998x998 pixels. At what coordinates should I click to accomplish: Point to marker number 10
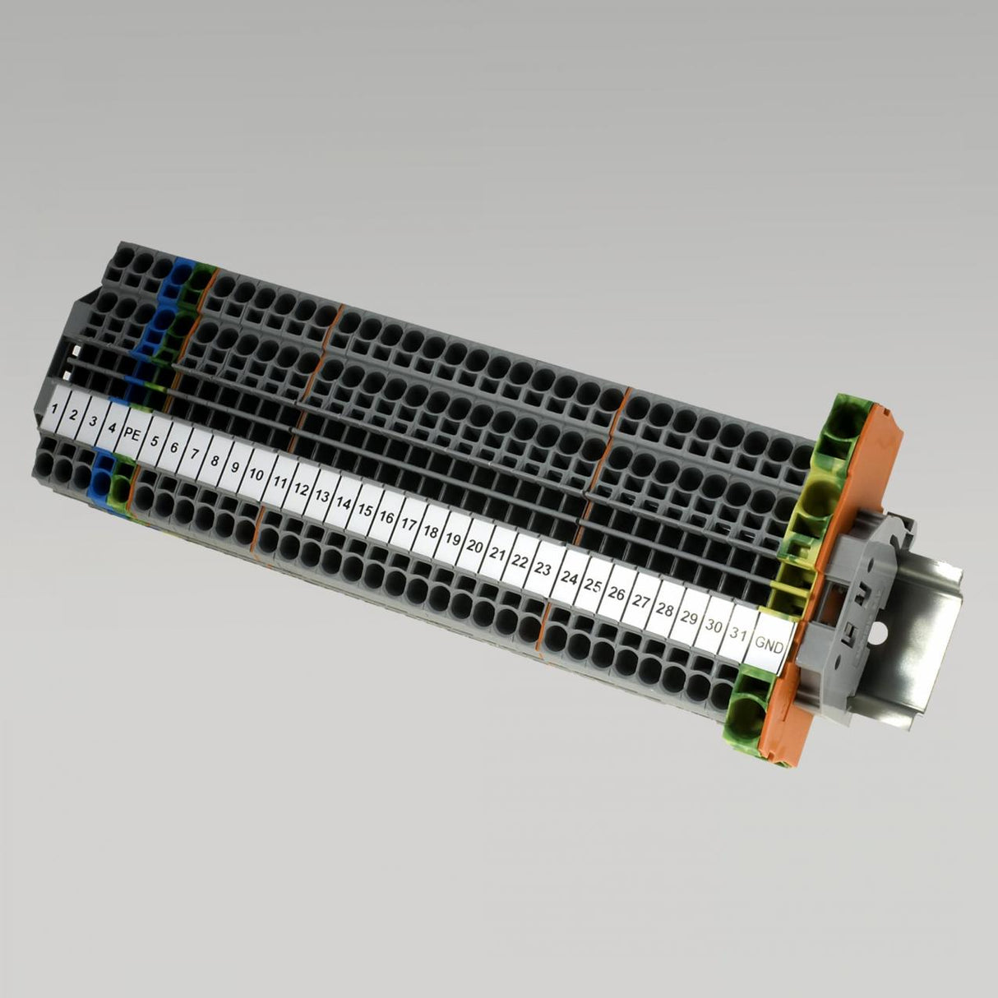tap(256, 474)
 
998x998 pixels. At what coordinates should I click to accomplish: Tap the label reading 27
tap(641, 602)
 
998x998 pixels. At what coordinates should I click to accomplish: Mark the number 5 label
tap(154, 439)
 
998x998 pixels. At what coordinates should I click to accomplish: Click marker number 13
tap(321, 496)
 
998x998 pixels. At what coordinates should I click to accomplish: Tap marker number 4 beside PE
tap(112, 426)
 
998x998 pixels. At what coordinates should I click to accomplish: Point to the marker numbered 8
tap(215, 460)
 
